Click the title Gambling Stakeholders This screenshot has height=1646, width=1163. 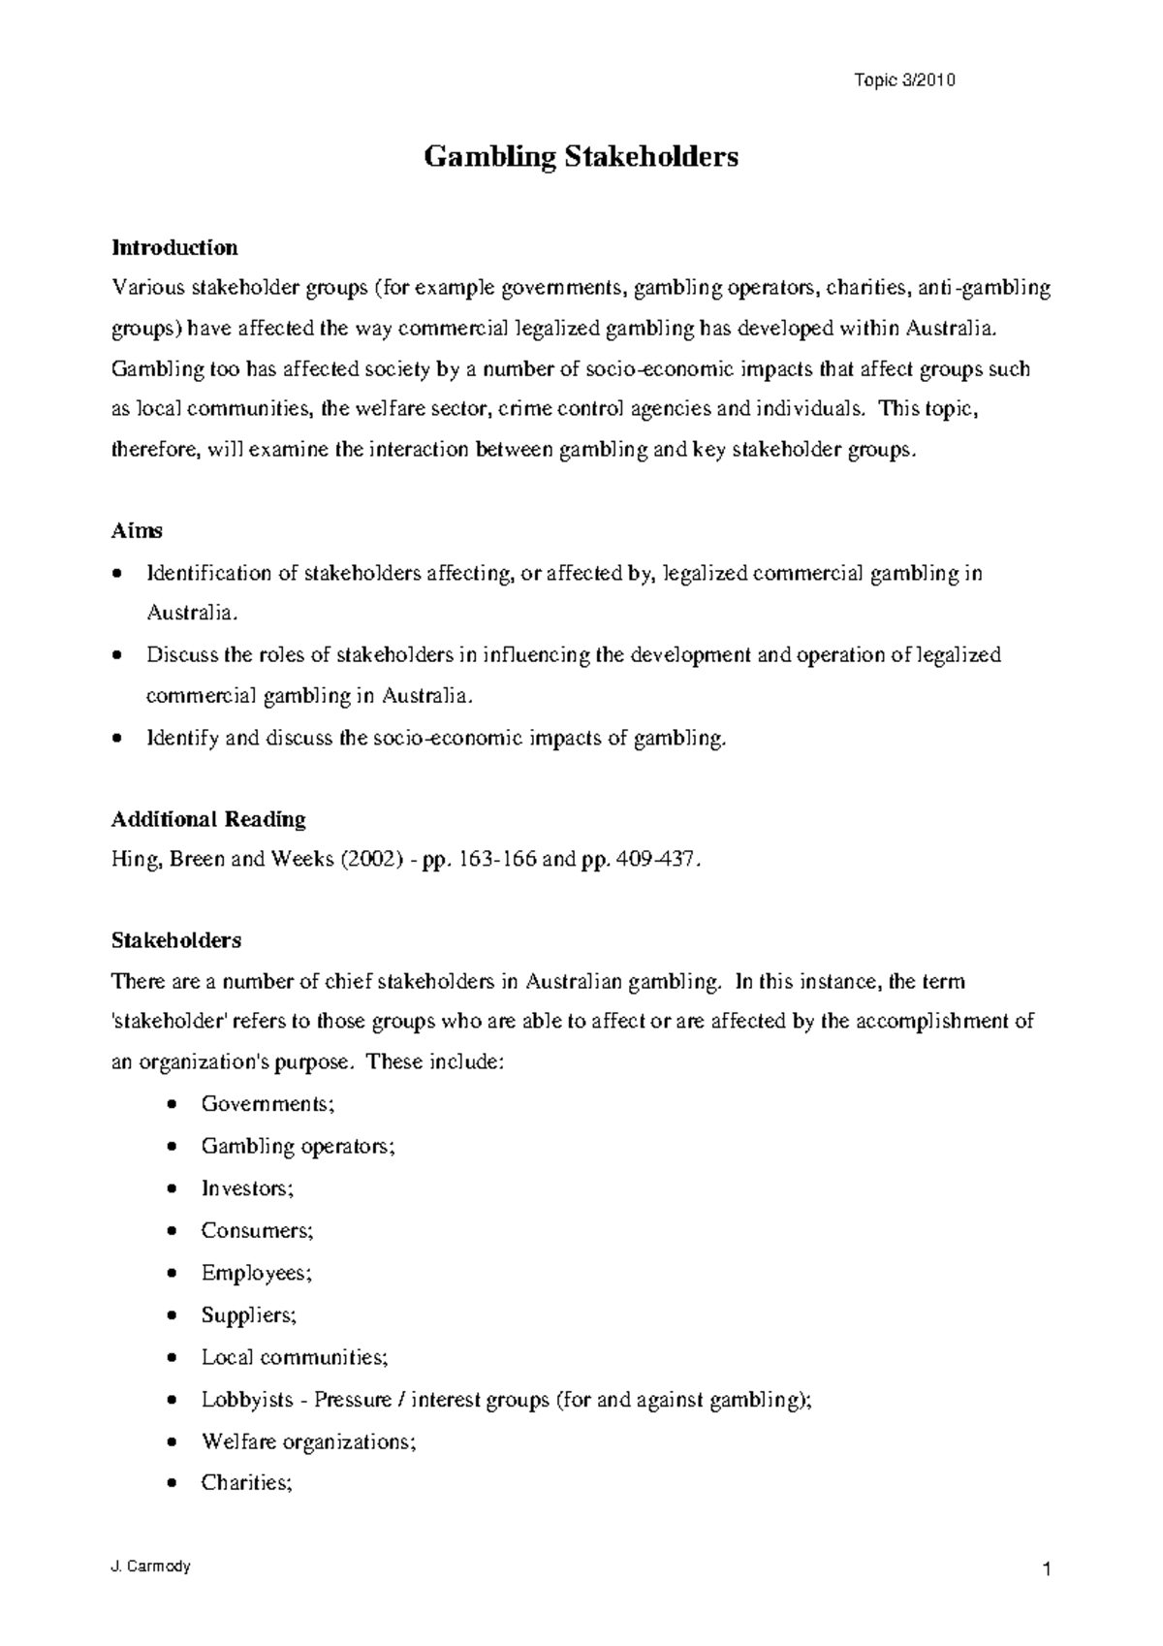tap(581, 156)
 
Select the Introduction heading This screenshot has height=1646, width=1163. tap(174, 247)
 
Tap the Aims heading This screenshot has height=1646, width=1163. tap(137, 531)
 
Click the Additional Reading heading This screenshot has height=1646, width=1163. tap(208, 819)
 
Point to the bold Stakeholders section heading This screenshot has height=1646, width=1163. tap(176, 940)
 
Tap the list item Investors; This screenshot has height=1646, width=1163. tap(246, 1187)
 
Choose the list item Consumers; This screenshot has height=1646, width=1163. tap(257, 1230)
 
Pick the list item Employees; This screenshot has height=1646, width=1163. tap(256, 1273)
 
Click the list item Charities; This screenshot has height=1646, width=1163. tap(246, 1483)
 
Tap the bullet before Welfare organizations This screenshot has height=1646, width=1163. tap(172, 1442)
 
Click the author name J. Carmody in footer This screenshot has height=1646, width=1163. tap(151, 1567)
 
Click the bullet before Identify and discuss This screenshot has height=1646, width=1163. tap(117, 739)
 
